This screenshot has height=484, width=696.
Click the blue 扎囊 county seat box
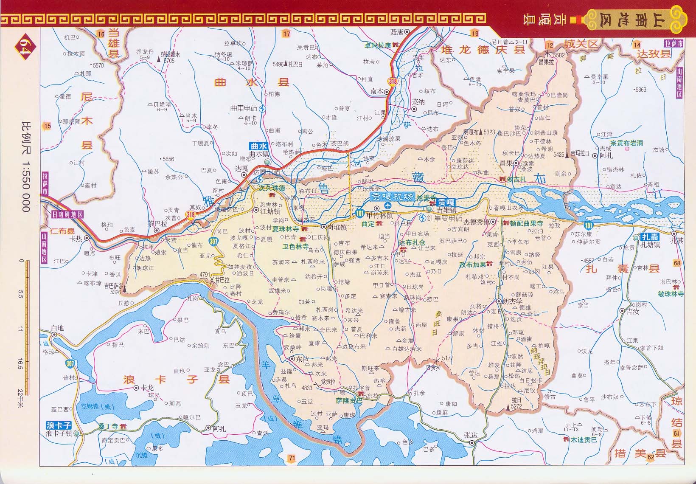point(650,237)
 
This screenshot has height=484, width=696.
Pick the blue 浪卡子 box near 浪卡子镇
point(59,425)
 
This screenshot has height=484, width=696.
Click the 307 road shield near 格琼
point(70,363)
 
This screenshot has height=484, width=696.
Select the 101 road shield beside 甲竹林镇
point(360,213)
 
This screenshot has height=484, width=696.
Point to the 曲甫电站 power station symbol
point(263,109)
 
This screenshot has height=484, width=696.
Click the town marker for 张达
point(472,443)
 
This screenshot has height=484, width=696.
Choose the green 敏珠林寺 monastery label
point(671,294)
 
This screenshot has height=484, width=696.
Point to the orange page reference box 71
point(291,458)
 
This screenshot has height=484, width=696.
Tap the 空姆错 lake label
point(97,407)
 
